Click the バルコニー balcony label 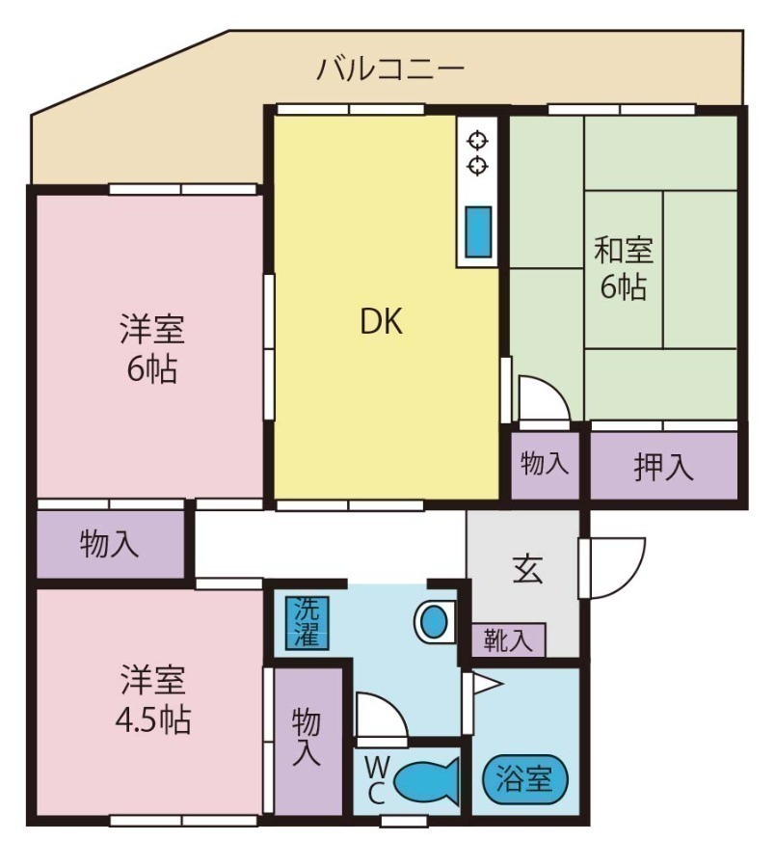(390, 69)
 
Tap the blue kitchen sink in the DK (478, 231)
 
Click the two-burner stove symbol (477, 152)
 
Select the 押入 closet (663, 467)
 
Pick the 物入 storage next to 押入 (545, 465)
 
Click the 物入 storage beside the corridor (109, 545)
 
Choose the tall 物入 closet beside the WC (307, 738)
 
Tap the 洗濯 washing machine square (307, 621)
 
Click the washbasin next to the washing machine (436, 621)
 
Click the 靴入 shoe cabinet (508, 640)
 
